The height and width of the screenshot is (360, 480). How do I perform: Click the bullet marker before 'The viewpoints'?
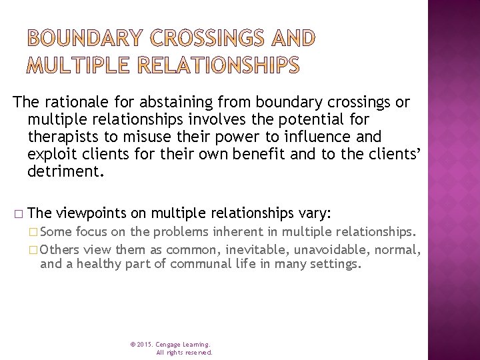pyautogui.click(x=17, y=214)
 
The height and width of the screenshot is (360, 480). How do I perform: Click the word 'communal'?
pyautogui.click(x=197, y=264)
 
